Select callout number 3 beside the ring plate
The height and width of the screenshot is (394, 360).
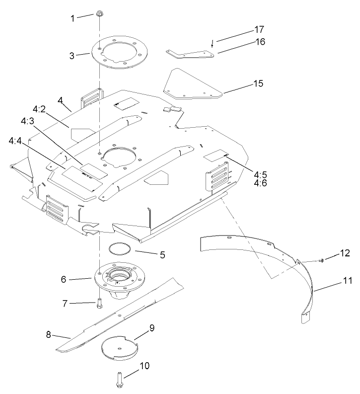click(72, 55)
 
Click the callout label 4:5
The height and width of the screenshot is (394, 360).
click(261, 174)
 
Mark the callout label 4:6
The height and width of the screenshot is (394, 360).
click(261, 183)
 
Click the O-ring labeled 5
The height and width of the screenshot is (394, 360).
click(120, 248)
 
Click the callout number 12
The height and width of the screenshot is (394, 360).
click(344, 254)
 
